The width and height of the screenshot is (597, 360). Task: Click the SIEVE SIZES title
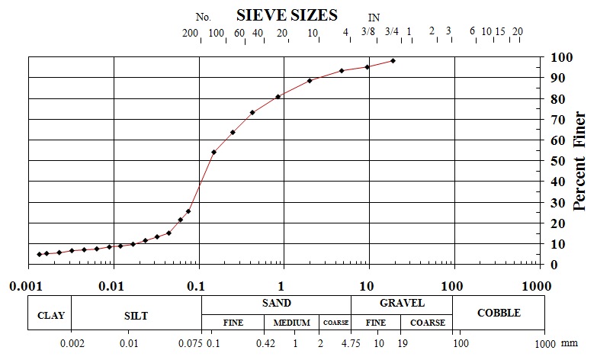click(287, 15)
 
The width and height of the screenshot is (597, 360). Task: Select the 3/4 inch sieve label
click(391, 31)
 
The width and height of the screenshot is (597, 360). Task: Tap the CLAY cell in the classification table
click(50, 315)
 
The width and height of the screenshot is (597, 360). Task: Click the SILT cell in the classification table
click(136, 315)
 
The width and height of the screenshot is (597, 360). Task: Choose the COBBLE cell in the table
click(499, 313)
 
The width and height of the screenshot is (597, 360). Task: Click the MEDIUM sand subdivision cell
click(292, 323)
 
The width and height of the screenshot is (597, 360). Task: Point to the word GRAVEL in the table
click(402, 303)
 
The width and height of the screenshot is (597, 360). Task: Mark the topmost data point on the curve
click(393, 60)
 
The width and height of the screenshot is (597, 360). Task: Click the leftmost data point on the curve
click(40, 254)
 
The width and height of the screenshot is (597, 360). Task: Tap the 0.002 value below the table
click(72, 342)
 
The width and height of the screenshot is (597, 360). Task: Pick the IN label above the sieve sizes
click(374, 17)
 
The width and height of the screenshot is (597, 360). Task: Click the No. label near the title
click(203, 17)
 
